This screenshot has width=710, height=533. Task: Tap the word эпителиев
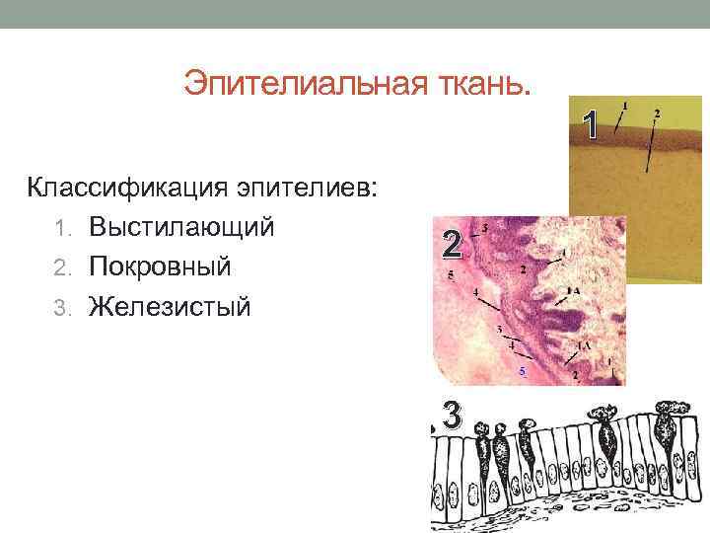(305, 187)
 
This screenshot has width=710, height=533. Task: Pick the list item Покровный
(159, 266)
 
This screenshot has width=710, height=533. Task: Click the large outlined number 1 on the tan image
(590, 125)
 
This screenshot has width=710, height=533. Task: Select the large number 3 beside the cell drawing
(452, 416)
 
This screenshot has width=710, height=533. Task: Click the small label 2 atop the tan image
(657, 114)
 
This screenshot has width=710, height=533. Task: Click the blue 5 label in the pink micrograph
(523, 371)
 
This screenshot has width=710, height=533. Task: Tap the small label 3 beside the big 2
(485, 228)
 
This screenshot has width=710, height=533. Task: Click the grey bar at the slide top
(355, 14)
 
